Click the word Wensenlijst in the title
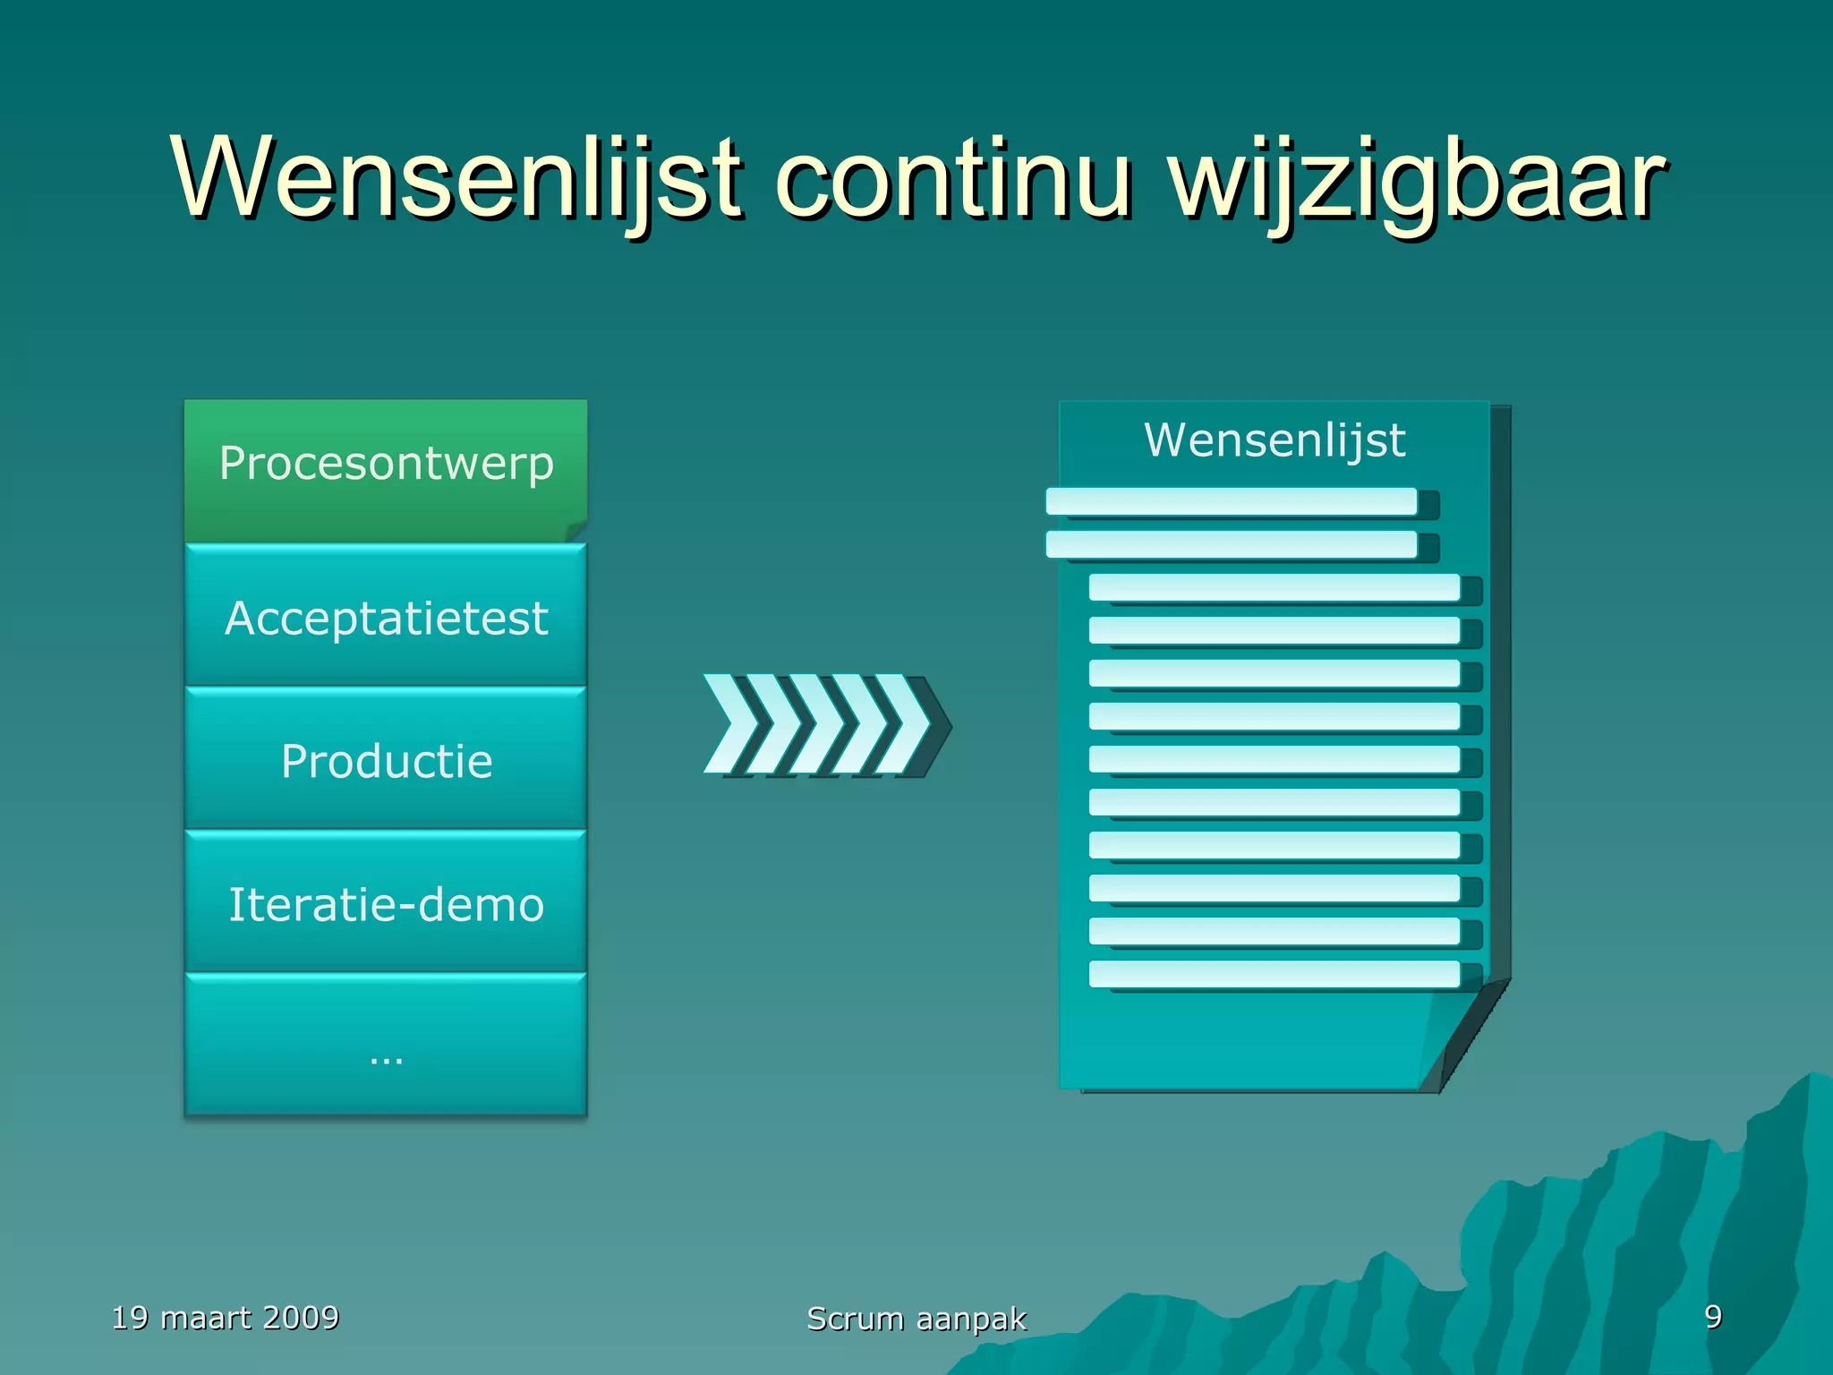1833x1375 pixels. [x=456, y=179]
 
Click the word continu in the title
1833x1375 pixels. [x=953, y=179]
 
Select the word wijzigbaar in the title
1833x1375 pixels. [x=1419, y=179]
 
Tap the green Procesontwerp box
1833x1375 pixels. [x=386, y=465]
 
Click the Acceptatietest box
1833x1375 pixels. [x=386, y=618]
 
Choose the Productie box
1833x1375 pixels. [x=386, y=761]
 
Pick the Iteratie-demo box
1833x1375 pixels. [x=386, y=904]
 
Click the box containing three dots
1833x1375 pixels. [x=386, y=1047]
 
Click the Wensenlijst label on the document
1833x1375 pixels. [x=1275, y=440]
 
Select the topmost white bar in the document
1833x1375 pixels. [x=1231, y=501]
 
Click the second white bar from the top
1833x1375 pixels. [x=1231, y=544]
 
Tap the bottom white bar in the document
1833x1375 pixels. [x=1274, y=974]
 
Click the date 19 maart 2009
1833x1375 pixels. [x=226, y=1318]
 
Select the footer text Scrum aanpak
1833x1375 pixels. [x=916, y=1319]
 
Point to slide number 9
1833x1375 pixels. [x=1712, y=1317]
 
